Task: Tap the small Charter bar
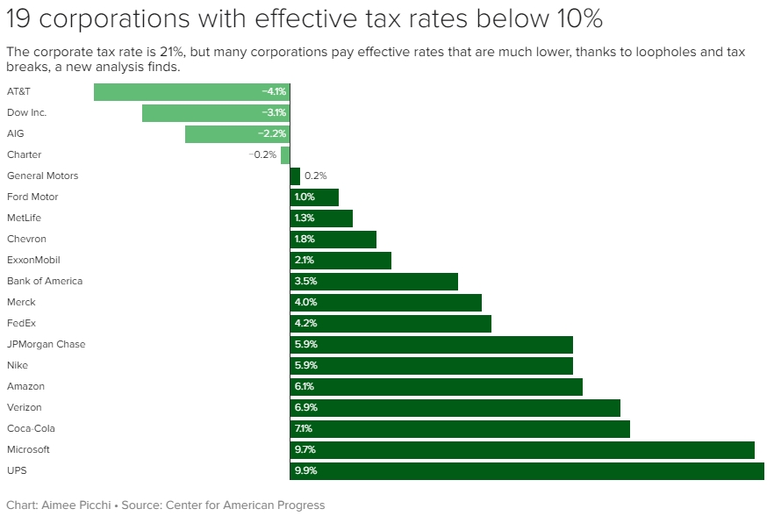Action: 285,154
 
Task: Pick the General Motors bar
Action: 295,176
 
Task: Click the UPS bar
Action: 527,470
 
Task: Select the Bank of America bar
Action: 374,281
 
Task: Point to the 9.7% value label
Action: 305,449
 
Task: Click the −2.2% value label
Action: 272,133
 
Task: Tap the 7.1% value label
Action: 305,428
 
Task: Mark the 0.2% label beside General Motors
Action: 316,176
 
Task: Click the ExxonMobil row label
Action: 32,260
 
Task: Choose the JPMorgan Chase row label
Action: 46,344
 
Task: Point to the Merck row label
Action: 21,302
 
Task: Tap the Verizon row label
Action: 25,407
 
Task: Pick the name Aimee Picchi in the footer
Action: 75,505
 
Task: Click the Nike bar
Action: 431,365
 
